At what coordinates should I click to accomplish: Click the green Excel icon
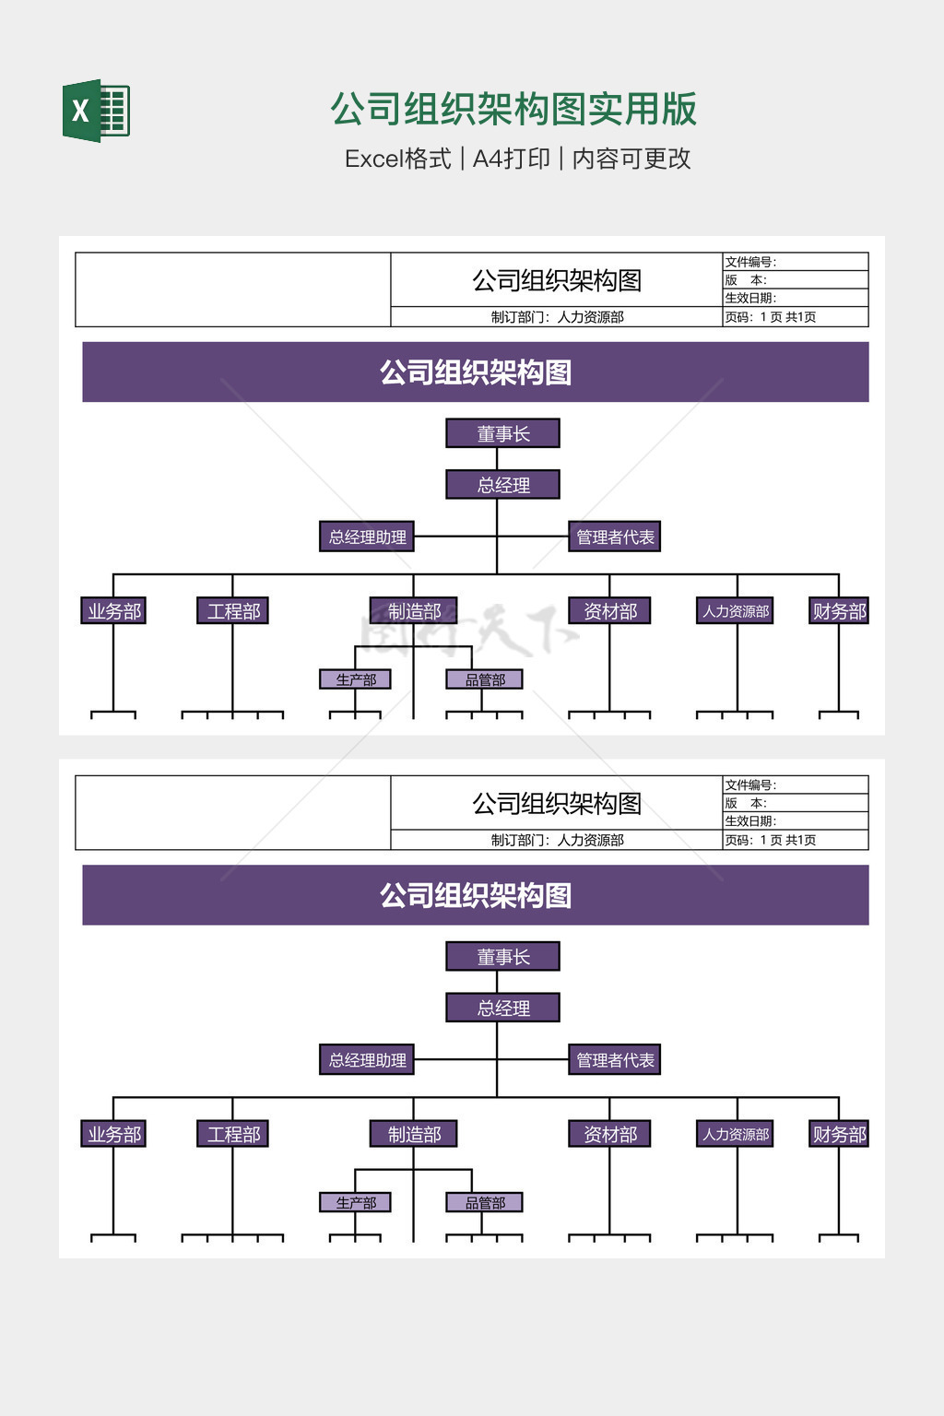(x=96, y=111)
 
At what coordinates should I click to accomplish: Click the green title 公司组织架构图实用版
(x=513, y=109)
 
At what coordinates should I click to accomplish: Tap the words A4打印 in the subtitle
(x=511, y=159)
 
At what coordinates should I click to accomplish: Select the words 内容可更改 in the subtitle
(x=631, y=159)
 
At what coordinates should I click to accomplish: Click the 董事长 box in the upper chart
(x=502, y=433)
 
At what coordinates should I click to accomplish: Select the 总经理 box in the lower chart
(x=502, y=1008)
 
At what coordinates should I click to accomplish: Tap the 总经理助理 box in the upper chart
(x=367, y=537)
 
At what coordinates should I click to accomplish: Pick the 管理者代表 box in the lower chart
(x=615, y=1060)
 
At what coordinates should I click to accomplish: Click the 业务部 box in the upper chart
(x=114, y=611)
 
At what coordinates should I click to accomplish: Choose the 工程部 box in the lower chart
(x=233, y=1134)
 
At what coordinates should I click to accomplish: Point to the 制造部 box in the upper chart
(x=414, y=611)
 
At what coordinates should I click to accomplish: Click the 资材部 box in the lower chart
(x=610, y=1134)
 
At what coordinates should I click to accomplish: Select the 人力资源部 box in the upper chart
(x=736, y=611)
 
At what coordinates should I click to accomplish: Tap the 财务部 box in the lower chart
(x=839, y=1134)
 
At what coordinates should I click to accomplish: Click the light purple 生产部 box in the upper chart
(x=356, y=679)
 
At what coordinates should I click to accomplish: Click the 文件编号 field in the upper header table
(x=795, y=262)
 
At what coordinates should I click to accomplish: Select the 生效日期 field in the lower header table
(x=795, y=821)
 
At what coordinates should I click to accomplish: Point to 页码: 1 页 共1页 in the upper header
(x=795, y=317)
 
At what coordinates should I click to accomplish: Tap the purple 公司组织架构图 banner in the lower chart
(x=476, y=895)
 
